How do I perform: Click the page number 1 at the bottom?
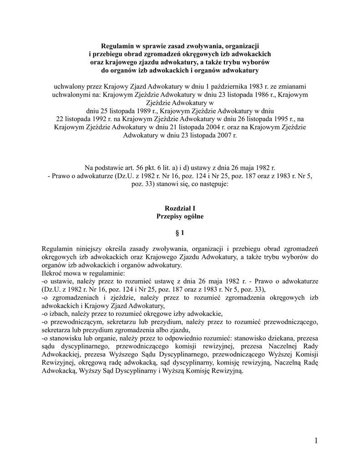tap(315, 440)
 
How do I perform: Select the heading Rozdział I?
tap(180, 208)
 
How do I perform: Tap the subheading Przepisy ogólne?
tap(180, 217)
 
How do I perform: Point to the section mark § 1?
tap(180, 233)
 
